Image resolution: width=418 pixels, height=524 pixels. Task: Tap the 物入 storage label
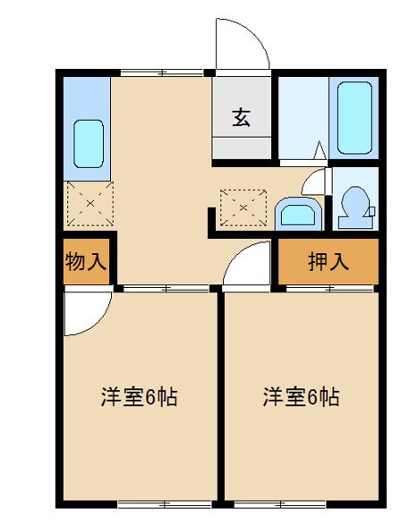[x=87, y=262]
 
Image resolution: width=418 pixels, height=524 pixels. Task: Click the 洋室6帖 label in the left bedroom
[x=138, y=396]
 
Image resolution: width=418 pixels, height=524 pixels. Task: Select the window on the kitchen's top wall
[x=161, y=71]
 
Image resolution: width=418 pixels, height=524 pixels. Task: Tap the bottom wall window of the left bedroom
[x=151, y=505]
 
